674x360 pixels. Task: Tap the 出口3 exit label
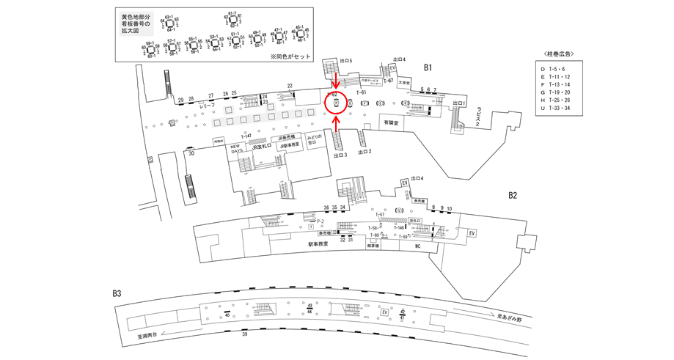[x=339, y=155]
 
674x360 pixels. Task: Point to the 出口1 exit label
[x=460, y=102]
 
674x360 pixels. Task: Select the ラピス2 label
[x=481, y=114]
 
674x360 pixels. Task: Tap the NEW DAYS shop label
[x=236, y=150]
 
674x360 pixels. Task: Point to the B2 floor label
[x=513, y=196]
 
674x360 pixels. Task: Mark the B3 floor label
[x=117, y=294]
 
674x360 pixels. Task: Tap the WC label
[x=417, y=246]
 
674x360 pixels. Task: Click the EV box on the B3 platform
[x=384, y=312]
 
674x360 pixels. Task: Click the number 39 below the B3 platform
[x=244, y=334]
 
